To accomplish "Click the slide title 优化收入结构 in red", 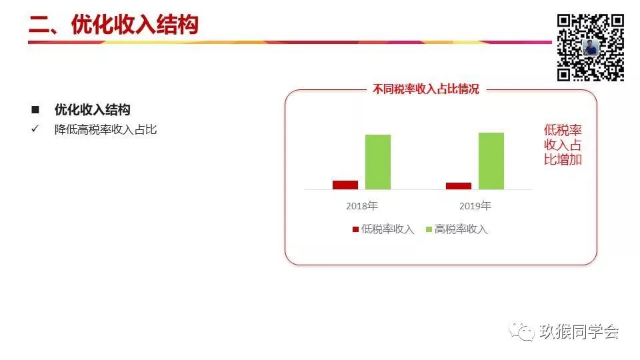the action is point(135,25).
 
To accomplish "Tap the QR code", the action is point(590,47).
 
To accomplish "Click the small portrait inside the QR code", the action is point(591,48).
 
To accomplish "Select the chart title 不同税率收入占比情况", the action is point(426,89).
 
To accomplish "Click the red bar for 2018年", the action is point(345,185).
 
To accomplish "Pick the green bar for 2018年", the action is point(378,162).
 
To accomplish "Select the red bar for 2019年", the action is point(459,186).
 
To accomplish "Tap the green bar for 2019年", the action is point(491,161).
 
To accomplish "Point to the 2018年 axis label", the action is point(362,206).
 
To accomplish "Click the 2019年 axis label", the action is point(475,206).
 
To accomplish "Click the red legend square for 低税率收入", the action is point(355,229).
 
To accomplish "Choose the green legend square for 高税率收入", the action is point(429,229).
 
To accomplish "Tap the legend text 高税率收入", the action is point(461,229).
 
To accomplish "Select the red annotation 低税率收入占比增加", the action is point(563,145).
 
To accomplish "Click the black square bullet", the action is point(35,109).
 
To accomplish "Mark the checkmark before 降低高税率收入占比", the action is point(35,129).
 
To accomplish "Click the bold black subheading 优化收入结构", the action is point(93,109).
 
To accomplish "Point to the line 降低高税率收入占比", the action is point(106,129).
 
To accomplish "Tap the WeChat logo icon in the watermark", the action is point(521,331).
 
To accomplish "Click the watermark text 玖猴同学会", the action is point(579,331).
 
